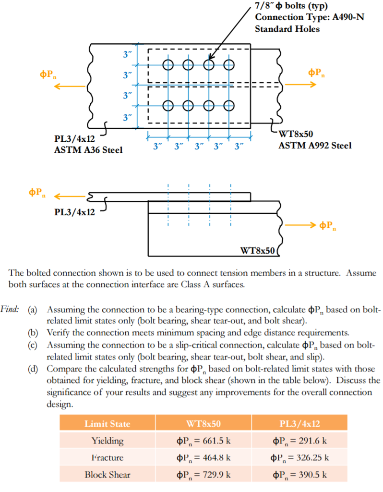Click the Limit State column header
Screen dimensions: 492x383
click(107, 424)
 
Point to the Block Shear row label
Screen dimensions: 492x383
click(107, 474)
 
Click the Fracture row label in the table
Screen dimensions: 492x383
click(107, 457)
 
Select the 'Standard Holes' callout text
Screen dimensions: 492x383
click(287, 29)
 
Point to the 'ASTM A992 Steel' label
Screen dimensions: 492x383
click(314, 145)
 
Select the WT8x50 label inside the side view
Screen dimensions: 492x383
click(257, 250)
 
